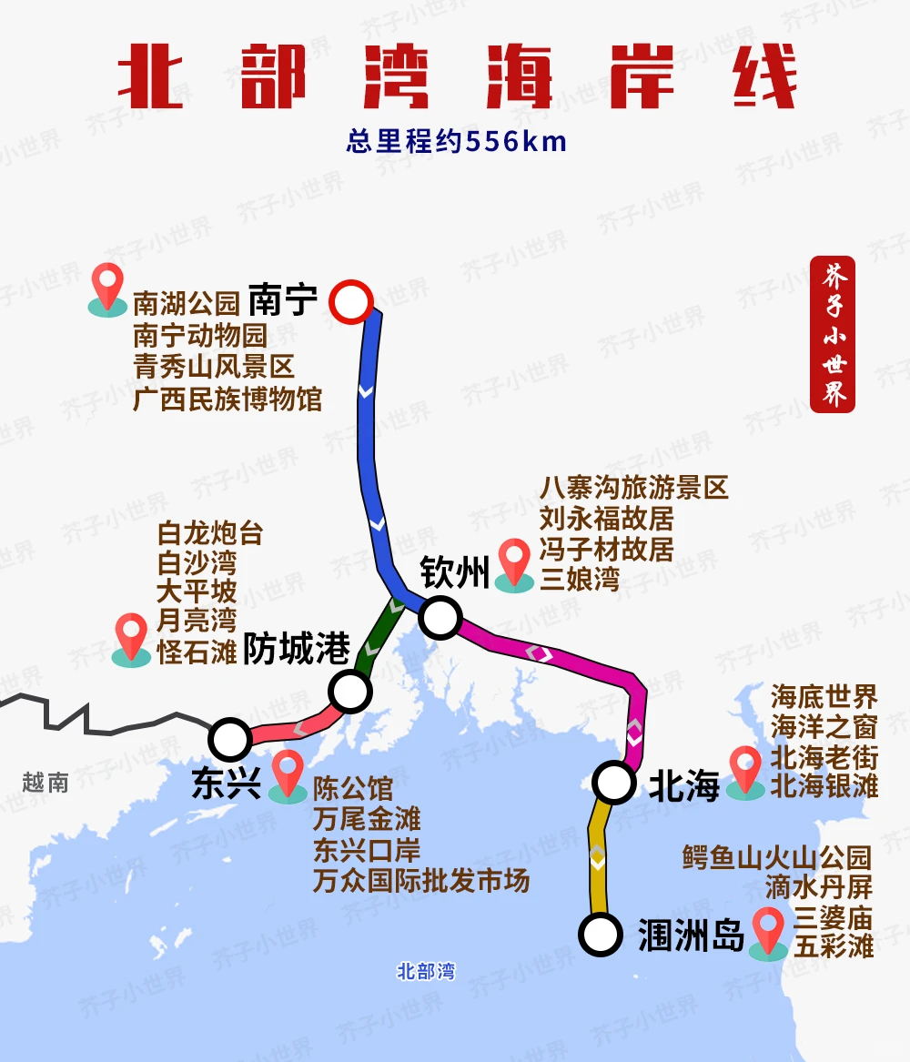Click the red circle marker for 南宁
[x=351, y=302]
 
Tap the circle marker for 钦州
[x=440, y=618]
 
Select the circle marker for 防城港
[x=350, y=692]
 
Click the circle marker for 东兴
[x=230, y=738]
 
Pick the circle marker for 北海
[x=614, y=782]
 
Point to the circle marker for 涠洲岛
[x=600, y=934]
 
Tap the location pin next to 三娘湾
[x=515, y=563]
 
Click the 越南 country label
[x=45, y=782]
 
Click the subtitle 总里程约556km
[x=456, y=142]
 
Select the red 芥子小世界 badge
[x=832, y=334]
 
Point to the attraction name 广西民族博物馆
[x=227, y=399]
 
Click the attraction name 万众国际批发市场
[x=421, y=880]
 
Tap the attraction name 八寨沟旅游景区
[x=633, y=488]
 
